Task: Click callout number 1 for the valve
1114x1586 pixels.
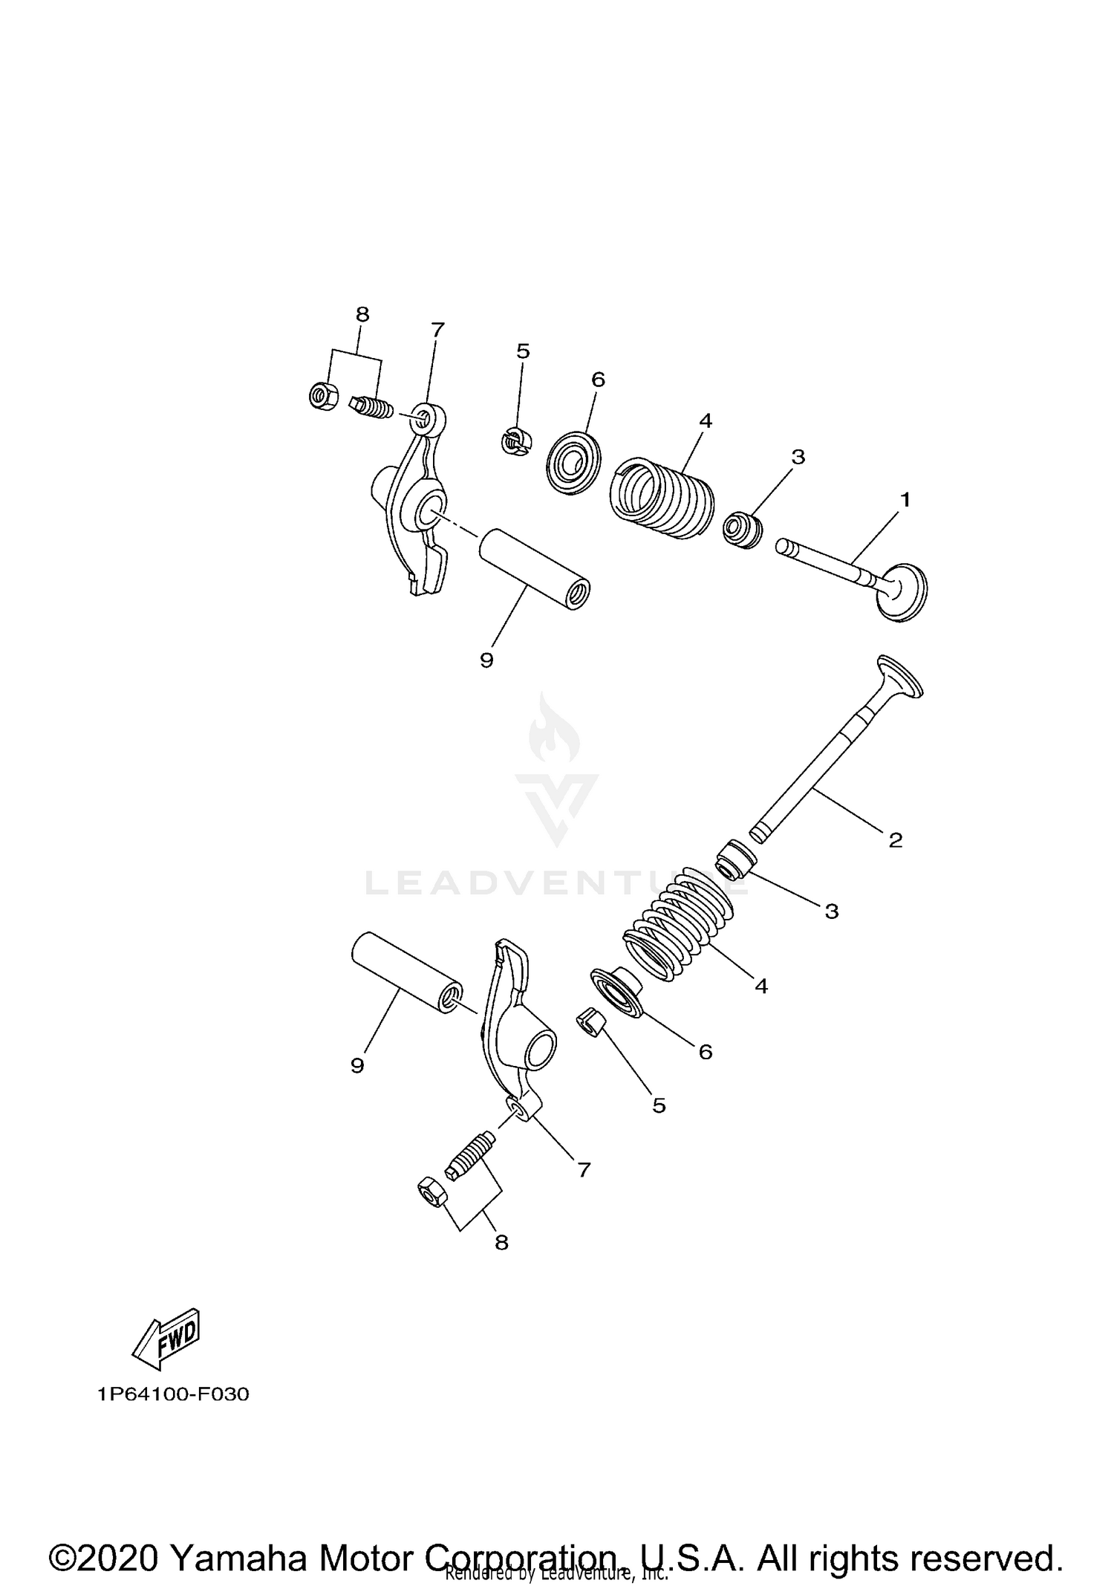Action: click(905, 500)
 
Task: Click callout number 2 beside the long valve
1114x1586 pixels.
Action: click(895, 840)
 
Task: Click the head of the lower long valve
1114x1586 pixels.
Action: click(901, 677)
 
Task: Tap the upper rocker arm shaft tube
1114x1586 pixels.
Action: click(533, 570)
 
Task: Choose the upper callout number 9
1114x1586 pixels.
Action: click(486, 660)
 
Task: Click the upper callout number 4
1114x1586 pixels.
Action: click(705, 421)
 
